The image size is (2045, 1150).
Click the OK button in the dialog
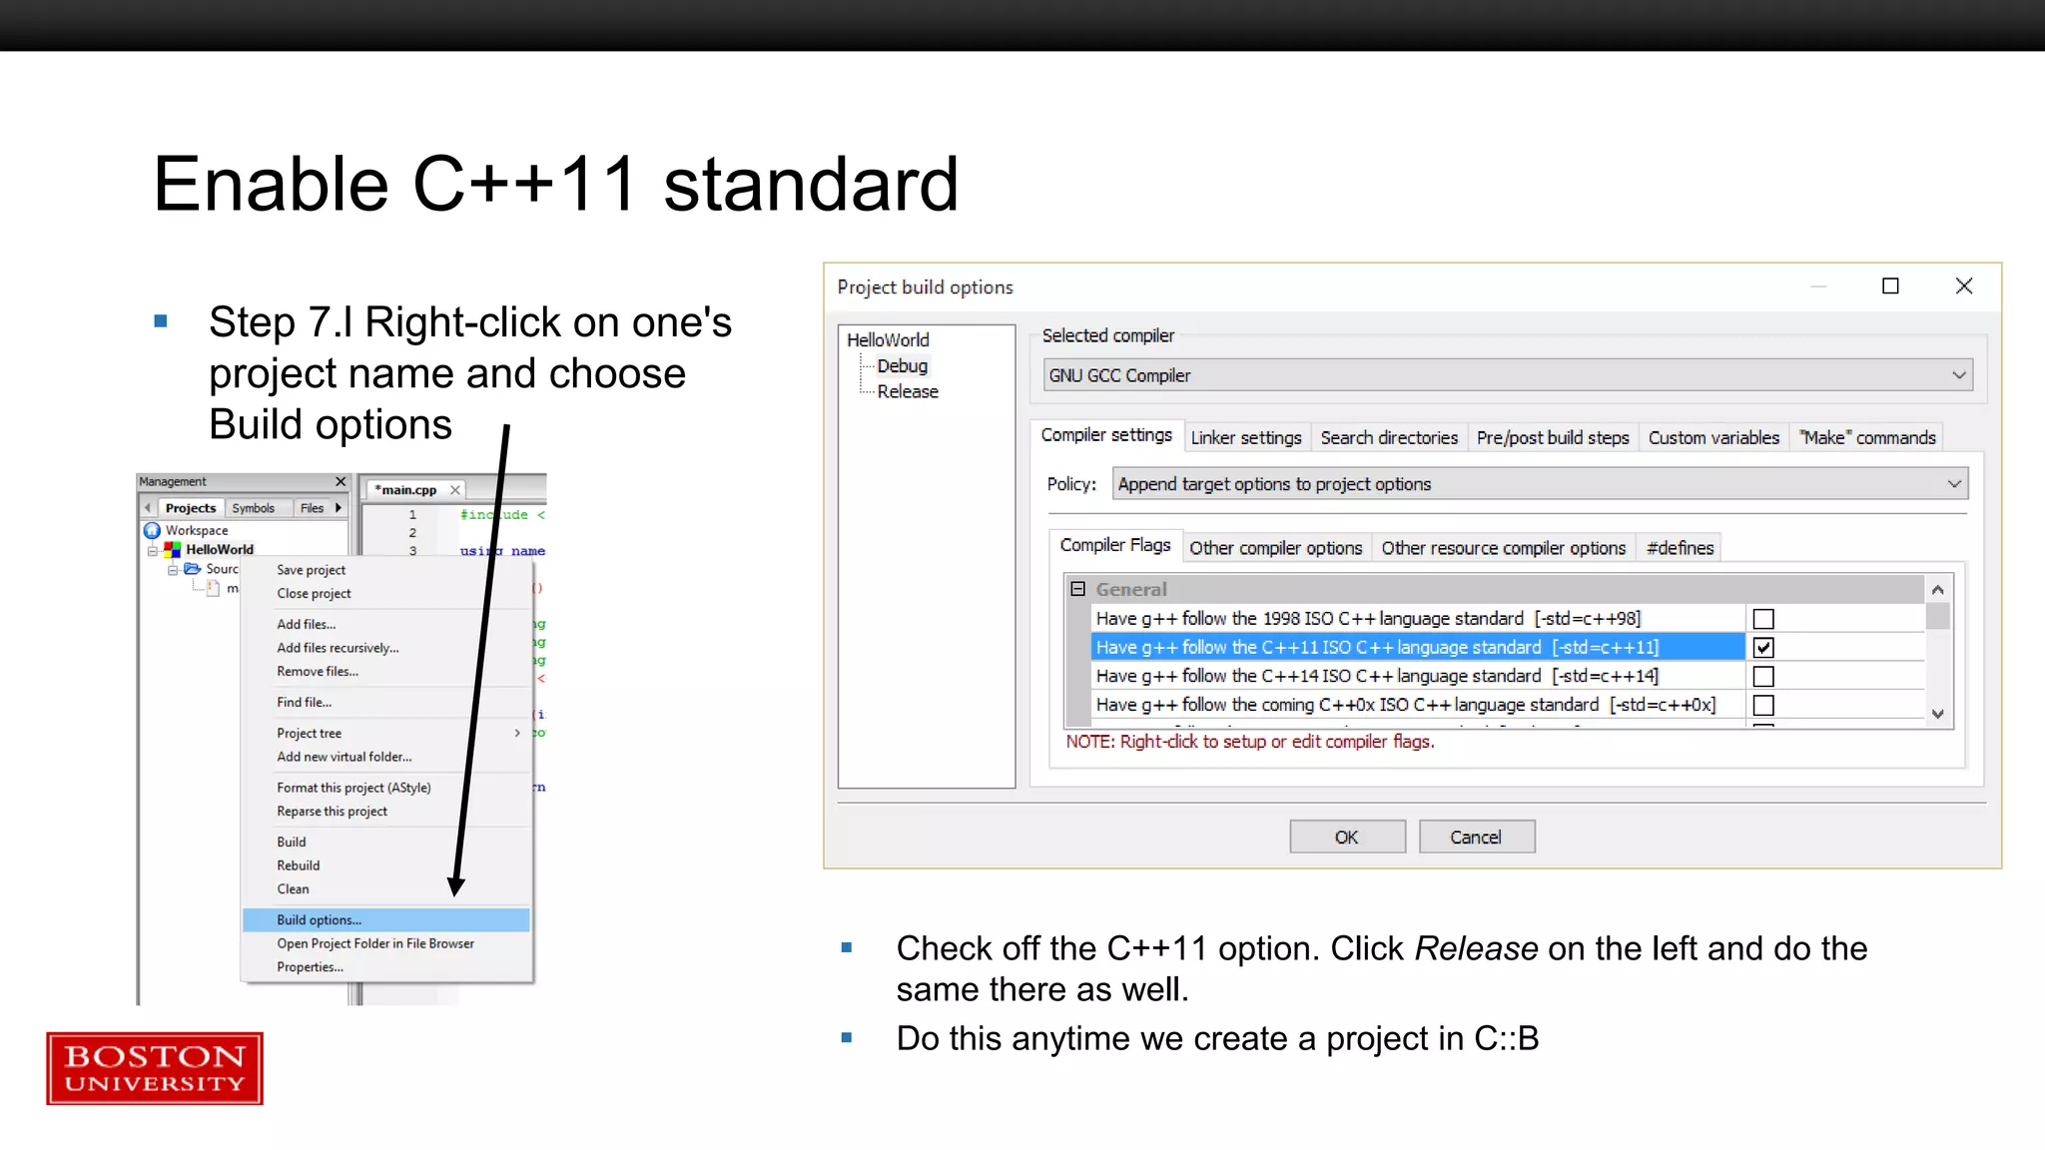1346,837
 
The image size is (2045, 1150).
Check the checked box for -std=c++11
1763,647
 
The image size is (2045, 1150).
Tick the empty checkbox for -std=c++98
1763,619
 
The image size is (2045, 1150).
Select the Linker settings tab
1245,437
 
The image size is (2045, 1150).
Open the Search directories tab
1388,437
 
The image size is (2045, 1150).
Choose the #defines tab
1680,547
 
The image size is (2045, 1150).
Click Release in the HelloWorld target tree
907,391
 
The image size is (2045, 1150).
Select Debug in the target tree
902,365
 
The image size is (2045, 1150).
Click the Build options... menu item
320,919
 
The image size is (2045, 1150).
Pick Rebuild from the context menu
299,865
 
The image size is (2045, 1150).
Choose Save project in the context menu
311,570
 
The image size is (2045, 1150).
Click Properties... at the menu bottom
310,966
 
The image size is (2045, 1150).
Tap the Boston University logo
155,1068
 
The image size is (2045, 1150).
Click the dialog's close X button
1963,287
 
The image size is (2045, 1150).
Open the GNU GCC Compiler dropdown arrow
1958,375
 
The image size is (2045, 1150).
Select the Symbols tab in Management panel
254,508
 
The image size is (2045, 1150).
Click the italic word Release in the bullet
1476,948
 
